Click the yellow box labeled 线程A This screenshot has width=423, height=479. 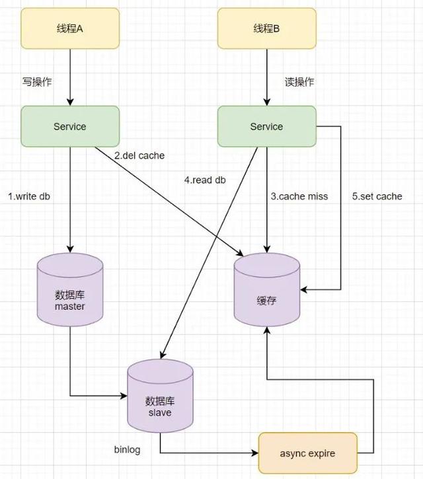coord(70,28)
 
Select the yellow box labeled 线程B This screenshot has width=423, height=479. coord(266,28)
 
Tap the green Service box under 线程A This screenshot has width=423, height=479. coord(70,126)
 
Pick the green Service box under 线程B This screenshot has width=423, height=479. coord(266,126)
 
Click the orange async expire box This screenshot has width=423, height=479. coord(307,453)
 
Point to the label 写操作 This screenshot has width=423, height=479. coord(37,82)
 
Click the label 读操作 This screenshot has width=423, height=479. coord(299,82)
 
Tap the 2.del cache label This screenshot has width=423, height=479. coord(139,156)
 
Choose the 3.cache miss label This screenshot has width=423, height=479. coord(299,196)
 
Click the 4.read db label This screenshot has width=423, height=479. coord(205,179)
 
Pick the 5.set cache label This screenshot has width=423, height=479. coord(377,196)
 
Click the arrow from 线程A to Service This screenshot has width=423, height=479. coord(70,76)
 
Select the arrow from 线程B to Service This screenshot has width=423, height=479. coord(266,76)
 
